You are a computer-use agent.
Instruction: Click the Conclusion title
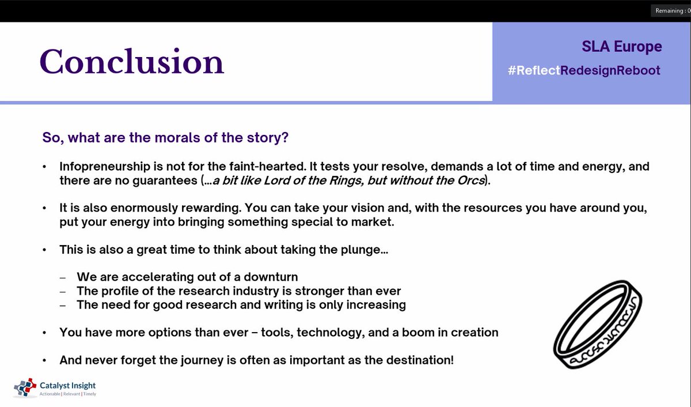(131, 61)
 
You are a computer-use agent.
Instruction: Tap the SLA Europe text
(622, 47)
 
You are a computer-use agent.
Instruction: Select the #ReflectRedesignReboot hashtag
(584, 70)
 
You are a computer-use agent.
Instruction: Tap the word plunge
(359, 250)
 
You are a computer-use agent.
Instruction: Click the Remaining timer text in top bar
(671, 11)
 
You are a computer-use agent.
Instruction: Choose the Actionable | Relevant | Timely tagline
(68, 394)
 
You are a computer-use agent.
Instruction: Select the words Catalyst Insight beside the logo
(68, 385)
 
